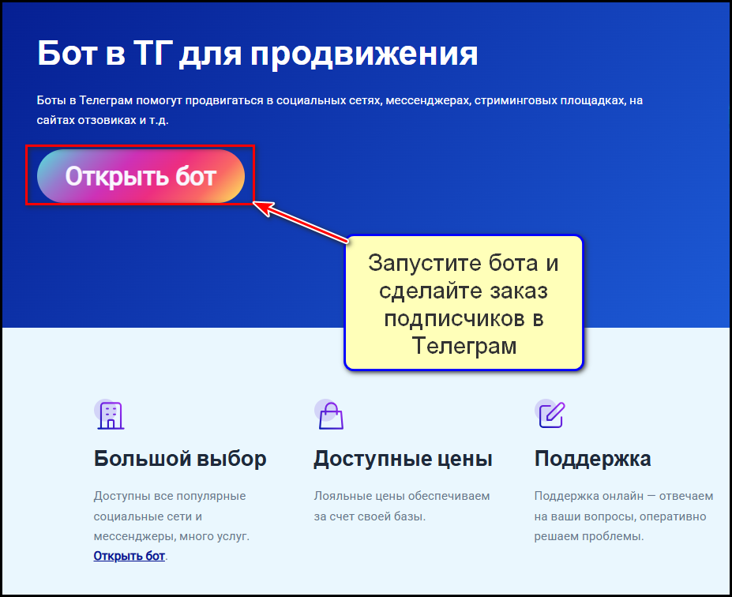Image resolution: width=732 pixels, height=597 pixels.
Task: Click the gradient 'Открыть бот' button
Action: click(141, 176)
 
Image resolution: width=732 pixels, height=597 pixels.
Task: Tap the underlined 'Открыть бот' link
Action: click(129, 556)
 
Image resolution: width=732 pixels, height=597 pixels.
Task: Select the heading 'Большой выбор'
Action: click(180, 459)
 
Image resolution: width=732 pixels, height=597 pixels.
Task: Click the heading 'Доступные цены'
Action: click(403, 459)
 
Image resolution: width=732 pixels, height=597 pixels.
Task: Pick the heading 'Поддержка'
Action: click(592, 459)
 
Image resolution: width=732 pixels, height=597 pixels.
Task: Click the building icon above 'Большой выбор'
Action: click(110, 415)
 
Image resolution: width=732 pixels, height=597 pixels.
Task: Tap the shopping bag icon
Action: click(330, 415)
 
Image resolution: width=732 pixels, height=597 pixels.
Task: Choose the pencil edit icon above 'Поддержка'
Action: click(550, 414)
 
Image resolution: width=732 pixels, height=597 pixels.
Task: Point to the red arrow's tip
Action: click(255, 204)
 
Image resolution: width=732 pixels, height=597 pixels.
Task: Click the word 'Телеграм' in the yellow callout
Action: click(464, 346)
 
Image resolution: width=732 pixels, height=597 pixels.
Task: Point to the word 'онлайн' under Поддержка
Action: click(623, 496)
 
